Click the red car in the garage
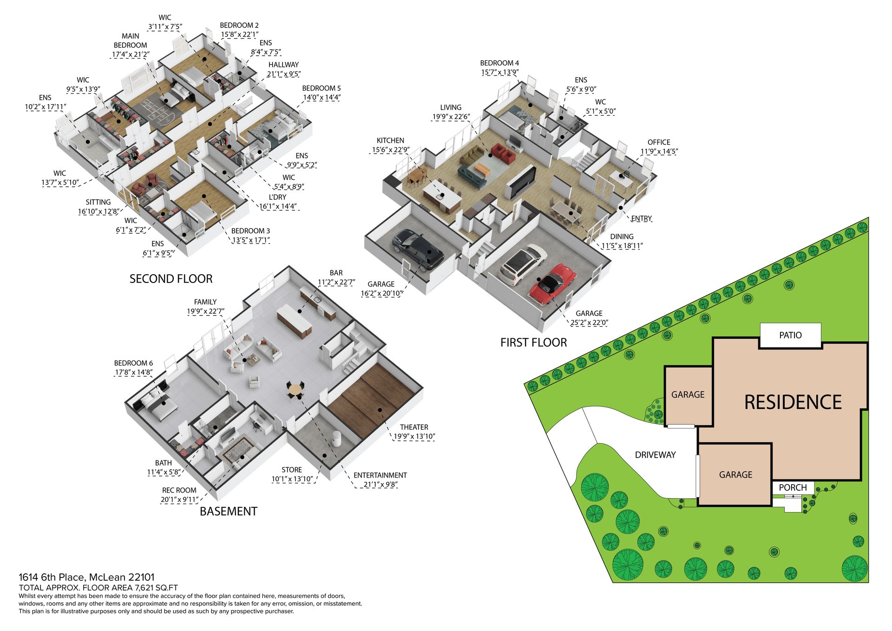point(552,284)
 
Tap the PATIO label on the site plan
point(790,335)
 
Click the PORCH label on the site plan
point(793,487)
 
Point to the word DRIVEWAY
point(655,455)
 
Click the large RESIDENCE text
point(793,402)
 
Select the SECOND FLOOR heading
point(171,279)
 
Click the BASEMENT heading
point(228,512)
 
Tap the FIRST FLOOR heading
point(533,343)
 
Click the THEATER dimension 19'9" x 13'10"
point(414,437)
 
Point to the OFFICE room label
point(659,142)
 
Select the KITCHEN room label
point(390,140)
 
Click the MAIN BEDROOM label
point(131,40)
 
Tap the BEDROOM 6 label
point(133,363)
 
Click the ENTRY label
point(642,218)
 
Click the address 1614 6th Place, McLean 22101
point(86,578)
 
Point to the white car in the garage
point(523,265)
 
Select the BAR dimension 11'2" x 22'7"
point(336,283)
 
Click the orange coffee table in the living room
point(481,169)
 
